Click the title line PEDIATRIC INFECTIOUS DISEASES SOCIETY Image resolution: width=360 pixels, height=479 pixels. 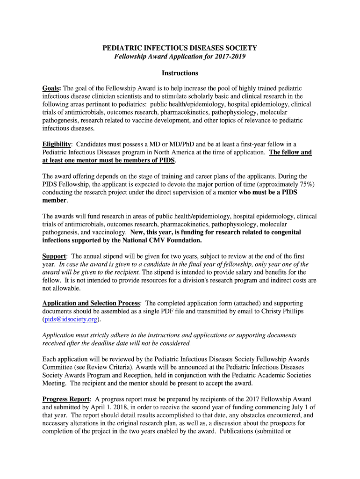click(x=180, y=48)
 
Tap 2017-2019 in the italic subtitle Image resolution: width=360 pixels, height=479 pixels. click(x=230, y=57)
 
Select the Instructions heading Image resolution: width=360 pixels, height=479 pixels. click(x=180, y=73)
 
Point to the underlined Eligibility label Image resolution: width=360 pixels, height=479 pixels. click(x=57, y=144)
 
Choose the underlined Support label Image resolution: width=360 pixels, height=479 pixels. click(x=54, y=256)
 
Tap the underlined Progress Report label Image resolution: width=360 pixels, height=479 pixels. click(x=65, y=399)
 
